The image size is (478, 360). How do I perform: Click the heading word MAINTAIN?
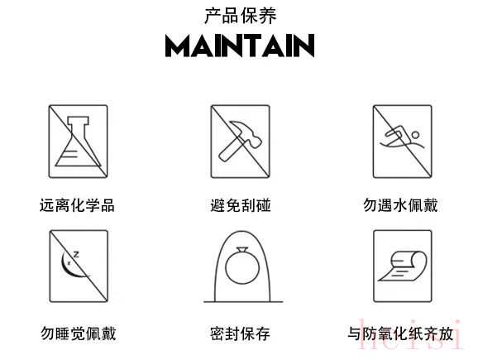[x=240, y=46]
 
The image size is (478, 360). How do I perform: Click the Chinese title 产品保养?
[x=240, y=16]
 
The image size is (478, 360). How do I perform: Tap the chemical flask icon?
[x=79, y=142]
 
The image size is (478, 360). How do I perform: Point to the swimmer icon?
[x=403, y=139]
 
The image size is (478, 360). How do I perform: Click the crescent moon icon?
[x=71, y=266]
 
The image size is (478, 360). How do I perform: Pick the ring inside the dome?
[x=242, y=266]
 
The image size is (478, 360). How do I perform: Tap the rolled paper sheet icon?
[x=403, y=266]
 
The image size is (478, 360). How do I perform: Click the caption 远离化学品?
[x=77, y=205]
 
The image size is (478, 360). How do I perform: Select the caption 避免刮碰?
[x=241, y=205]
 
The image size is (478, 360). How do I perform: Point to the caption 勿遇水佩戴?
[x=400, y=205]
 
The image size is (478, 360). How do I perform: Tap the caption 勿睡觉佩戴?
[x=79, y=334]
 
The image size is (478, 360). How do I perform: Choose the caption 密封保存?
[x=240, y=334]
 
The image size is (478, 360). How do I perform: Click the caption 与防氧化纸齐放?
[x=400, y=334]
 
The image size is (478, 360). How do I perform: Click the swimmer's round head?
[x=415, y=135]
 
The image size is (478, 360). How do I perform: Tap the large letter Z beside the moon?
[x=76, y=254]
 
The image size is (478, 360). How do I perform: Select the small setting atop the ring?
[x=242, y=250]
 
